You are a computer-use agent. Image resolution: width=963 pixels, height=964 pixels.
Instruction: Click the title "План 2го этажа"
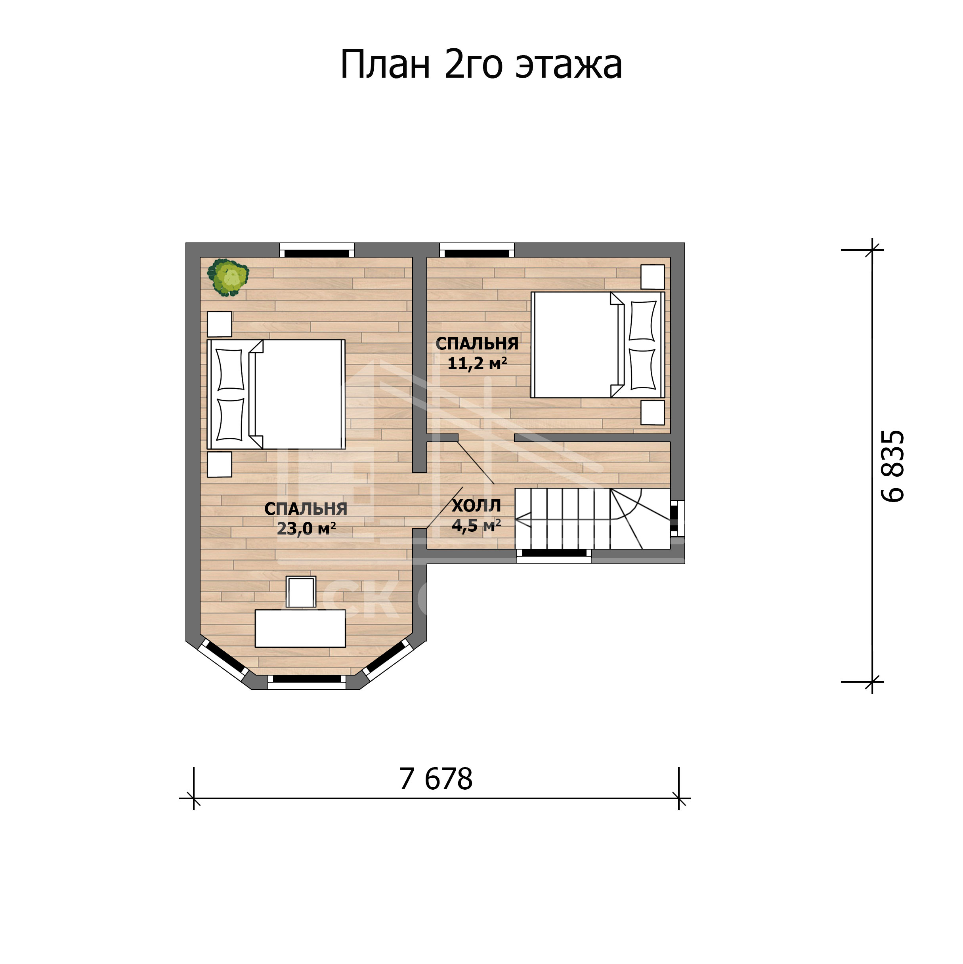click(x=481, y=65)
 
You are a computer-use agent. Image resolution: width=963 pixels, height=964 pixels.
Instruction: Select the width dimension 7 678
click(x=436, y=779)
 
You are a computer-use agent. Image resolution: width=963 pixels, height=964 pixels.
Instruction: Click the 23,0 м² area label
click(x=306, y=529)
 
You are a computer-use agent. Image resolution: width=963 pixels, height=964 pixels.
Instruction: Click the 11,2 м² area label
click(x=477, y=363)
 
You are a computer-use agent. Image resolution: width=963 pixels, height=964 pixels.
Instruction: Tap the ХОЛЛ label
click(x=476, y=506)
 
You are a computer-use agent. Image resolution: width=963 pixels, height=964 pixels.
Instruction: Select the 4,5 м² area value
click(x=476, y=525)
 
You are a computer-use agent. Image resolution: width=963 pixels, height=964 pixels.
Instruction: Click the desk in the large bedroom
click(x=300, y=628)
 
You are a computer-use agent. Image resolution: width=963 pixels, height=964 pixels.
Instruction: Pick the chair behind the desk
click(x=301, y=592)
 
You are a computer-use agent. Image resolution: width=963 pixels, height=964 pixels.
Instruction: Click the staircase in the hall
click(x=592, y=518)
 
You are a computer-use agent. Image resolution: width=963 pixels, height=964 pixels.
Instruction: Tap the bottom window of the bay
click(x=307, y=681)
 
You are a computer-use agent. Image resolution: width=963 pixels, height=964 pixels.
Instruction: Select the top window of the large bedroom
click(x=317, y=250)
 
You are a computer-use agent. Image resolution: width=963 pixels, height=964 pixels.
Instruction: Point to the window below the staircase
click(x=554, y=556)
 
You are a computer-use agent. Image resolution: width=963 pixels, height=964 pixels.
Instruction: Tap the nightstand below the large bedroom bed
click(x=220, y=464)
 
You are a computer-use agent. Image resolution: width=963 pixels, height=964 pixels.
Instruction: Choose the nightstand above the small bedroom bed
click(x=653, y=277)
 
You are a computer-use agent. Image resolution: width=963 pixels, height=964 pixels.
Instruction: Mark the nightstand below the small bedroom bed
click(x=653, y=412)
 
